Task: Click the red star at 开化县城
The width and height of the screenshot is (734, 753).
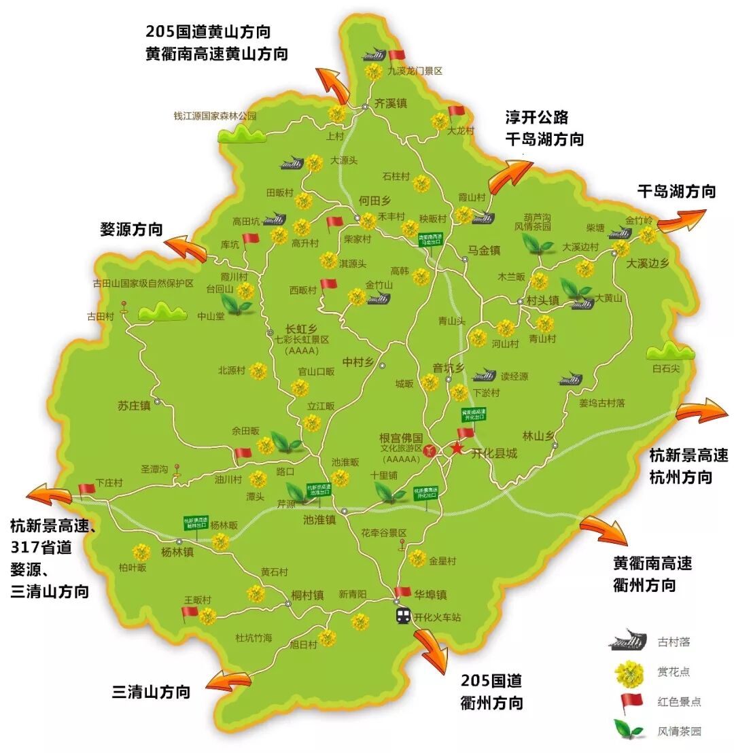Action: pos(457,449)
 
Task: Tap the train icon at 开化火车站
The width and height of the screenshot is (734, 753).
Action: pos(404,616)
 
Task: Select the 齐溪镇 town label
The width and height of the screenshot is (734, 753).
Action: pos(391,103)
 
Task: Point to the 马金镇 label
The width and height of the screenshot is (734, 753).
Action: pos(484,250)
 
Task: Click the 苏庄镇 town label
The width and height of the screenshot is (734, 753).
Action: pos(133,406)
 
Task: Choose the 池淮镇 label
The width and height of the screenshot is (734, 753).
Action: pos(319,519)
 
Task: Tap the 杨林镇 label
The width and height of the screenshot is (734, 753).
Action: pos(177,552)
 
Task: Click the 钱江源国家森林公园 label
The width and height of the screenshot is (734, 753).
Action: pos(215,116)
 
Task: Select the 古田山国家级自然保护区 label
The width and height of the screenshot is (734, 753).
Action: pos(143,283)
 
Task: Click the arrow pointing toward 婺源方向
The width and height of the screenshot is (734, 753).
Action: pos(187,247)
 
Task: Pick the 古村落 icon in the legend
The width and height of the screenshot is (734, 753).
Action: pos(629,641)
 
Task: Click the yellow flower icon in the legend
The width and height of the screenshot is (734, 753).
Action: pos(629,672)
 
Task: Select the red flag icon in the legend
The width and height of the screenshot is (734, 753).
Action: pos(629,701)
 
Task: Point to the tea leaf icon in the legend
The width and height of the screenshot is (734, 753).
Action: pos(629,731)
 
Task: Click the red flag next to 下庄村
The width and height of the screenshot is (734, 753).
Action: pos(86,488)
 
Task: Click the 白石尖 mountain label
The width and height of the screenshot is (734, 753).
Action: pos(666,368)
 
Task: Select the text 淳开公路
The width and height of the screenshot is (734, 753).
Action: pos(536,116)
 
